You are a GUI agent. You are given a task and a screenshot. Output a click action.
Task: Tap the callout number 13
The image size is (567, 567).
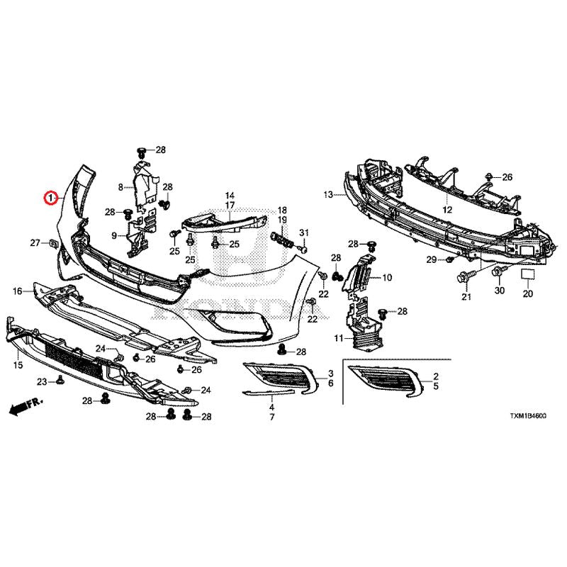(x=328, y=195)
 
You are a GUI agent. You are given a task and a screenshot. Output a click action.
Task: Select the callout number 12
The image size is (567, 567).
(x=447, y=209)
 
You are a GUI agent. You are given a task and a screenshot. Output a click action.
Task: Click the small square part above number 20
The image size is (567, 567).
(x=527, y=274)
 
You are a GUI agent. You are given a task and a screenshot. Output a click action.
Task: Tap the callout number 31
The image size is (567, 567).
(x=304, y=232)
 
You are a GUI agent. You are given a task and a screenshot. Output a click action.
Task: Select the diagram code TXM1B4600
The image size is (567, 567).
(x=528, y=416)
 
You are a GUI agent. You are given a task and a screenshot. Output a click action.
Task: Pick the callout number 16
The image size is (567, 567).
(x=17, y=291)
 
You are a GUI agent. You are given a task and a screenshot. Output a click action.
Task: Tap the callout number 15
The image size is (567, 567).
(x=18, y=365)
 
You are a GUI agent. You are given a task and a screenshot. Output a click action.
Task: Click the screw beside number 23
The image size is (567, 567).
(x=60, y=380)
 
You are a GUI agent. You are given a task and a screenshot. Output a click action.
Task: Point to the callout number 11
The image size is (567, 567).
(x=339, y=339)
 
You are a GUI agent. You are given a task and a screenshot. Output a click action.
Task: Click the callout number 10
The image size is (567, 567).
(x=387, y=278)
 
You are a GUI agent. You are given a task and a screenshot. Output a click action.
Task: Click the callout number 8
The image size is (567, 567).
(x=120, y=187)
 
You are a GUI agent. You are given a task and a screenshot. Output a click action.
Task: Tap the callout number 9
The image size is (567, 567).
(x=114, y=236)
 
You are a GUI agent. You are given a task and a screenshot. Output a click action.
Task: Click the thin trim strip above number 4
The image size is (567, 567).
(x=268, y=393)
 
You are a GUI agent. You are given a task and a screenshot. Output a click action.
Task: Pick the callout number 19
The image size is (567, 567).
(x=282, y=219)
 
